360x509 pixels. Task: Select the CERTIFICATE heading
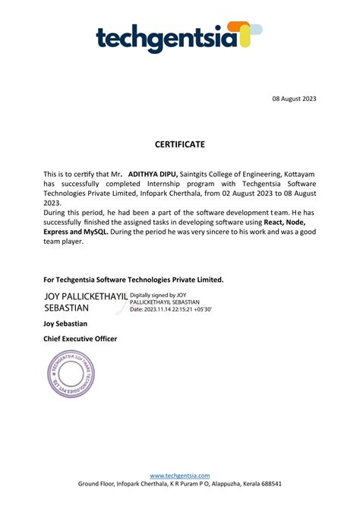click(x=180, y=144)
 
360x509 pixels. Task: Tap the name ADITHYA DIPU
click(x=153, y=174)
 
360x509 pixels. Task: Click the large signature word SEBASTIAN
click(x=68, y=308)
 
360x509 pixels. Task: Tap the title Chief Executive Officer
click(x=81, y=338)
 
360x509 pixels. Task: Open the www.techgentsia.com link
click(x=179, y=475)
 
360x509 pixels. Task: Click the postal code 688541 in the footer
click(x=267, y=484)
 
